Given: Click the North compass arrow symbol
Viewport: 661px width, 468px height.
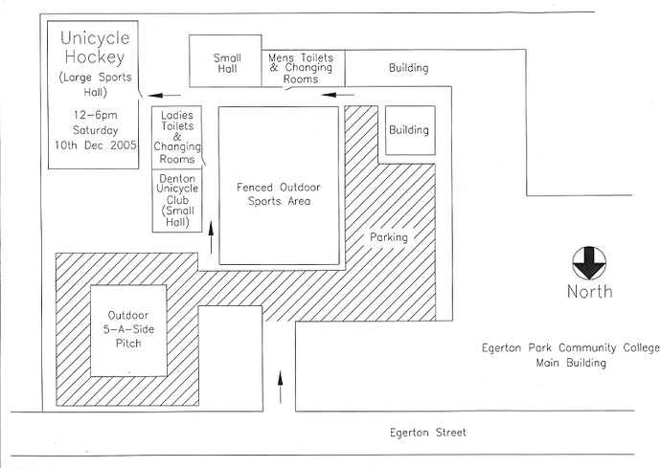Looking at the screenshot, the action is coord(589,263).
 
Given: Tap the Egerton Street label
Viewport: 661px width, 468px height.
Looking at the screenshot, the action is coord(428,433).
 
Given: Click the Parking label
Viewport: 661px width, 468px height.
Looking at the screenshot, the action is coord(389,237).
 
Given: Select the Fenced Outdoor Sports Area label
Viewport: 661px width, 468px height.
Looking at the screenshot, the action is coord(278,193).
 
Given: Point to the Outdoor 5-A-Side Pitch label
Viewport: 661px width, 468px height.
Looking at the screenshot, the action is coord(128,329).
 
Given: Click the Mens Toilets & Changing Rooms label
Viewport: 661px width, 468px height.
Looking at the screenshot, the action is coord(301,68).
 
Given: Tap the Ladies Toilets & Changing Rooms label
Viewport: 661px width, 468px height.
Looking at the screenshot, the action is coord(177,137).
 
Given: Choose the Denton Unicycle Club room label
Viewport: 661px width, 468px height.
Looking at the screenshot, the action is coord(177,200).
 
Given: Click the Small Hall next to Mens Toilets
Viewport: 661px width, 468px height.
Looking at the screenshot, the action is coord(227,63).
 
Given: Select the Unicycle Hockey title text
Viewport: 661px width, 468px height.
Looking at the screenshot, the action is coord(95,47).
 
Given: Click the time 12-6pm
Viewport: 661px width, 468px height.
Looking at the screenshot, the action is coord(96,115).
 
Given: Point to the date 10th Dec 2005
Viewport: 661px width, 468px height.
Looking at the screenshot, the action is coord(96,145).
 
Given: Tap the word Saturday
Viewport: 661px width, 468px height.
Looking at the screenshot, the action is coord(96,130).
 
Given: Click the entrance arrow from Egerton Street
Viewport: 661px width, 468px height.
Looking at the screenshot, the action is coord(280,387).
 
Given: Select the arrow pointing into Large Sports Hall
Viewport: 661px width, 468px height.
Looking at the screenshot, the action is coord(164,96).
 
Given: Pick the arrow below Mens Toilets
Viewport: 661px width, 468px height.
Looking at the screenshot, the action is coord(337,95).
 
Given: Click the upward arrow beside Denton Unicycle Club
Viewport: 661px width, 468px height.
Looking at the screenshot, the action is coord(211,239).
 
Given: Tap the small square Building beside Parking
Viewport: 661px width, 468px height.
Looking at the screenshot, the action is coord(410,130).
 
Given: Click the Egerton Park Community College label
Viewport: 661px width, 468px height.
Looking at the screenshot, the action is coord(571,348).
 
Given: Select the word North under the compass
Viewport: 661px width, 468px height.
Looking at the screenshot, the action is coord(590,292).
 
